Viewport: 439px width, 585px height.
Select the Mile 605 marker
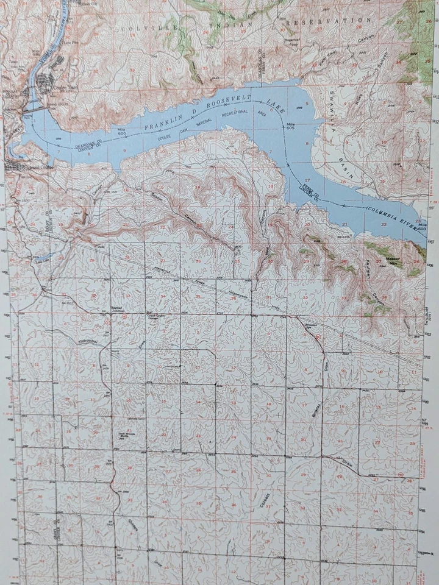pos(291,125)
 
